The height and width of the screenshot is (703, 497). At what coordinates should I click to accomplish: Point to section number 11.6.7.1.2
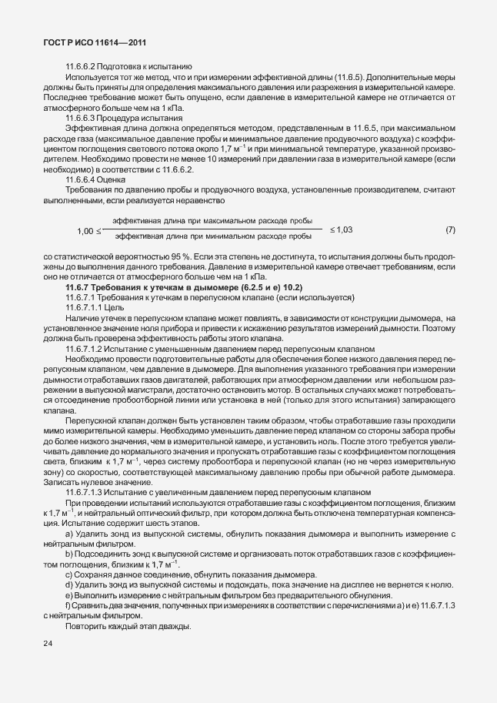88,349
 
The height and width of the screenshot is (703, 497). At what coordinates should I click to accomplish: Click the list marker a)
69,534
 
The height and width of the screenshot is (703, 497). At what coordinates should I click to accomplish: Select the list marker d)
69,584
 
